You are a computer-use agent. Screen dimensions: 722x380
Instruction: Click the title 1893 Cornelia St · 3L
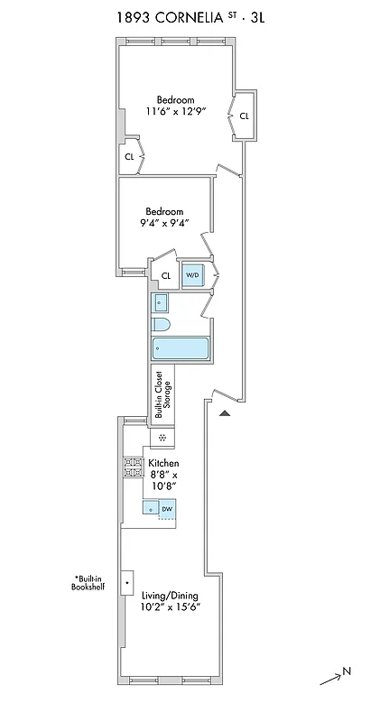point(189,15)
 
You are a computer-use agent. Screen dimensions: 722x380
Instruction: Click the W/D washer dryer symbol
point(193,275)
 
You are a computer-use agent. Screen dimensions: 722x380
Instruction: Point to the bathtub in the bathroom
point(181,347)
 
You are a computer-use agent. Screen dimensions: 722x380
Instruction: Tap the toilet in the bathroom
point(162,324)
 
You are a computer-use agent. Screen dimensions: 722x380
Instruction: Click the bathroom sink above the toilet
point(161,302)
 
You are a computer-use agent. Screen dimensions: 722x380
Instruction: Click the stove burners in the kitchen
point(133,467)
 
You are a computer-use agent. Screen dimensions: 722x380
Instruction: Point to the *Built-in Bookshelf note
point(89,582)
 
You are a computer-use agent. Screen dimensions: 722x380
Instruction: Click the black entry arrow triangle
point(226,412)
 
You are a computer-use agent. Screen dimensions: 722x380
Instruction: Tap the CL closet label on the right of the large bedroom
point(244,116)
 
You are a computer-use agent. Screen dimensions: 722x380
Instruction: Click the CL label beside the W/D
point(166,276)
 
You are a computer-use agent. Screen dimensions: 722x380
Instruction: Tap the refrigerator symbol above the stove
point(162,438)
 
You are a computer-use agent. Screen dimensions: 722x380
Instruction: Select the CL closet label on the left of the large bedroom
point(129,156)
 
